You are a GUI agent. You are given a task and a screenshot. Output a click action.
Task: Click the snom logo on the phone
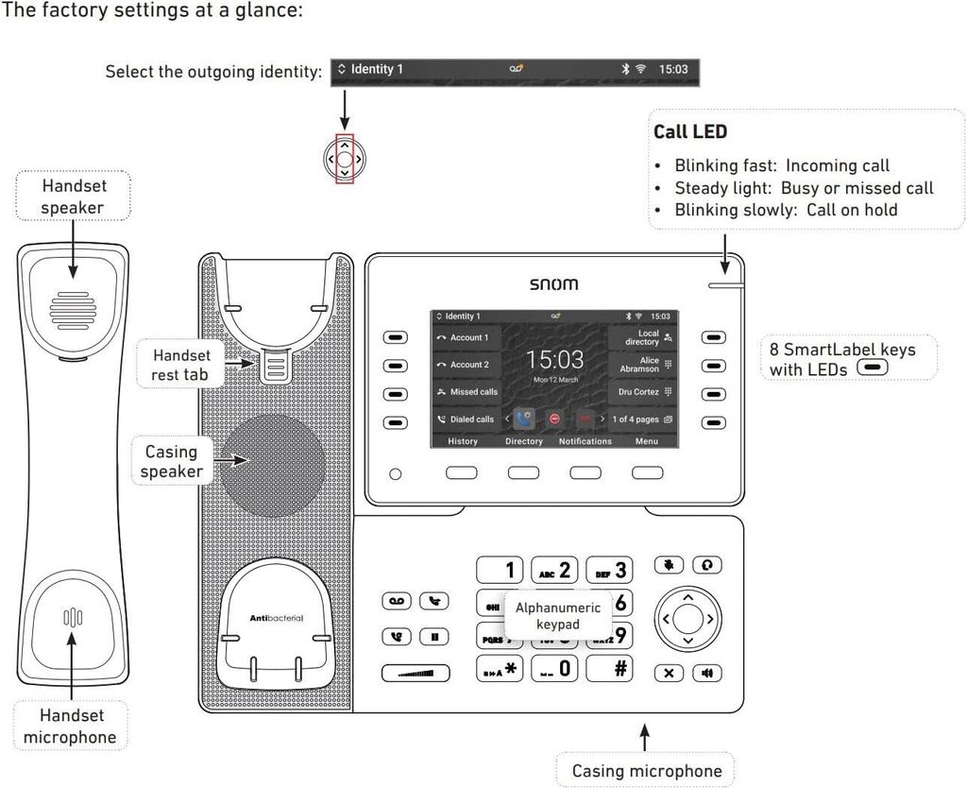553,283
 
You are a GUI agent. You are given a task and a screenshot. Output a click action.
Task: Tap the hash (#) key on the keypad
609,668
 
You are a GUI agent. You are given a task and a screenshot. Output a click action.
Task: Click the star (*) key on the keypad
500,668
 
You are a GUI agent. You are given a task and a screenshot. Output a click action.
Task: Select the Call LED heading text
690,132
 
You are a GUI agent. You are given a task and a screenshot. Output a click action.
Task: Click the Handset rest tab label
181,366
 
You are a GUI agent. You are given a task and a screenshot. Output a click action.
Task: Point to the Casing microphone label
646,771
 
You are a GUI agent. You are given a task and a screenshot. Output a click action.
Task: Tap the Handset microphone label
70,727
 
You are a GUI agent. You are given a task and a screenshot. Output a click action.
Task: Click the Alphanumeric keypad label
557,617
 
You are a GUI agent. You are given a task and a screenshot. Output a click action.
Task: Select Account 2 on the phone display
467,365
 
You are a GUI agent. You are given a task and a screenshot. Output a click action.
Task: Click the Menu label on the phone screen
647,441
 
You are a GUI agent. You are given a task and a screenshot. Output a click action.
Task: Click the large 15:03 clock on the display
554,360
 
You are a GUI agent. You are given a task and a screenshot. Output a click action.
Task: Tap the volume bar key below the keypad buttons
416,673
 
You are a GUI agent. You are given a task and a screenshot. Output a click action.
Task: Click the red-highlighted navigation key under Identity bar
345,160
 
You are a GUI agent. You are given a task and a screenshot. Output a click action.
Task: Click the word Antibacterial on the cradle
276,618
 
